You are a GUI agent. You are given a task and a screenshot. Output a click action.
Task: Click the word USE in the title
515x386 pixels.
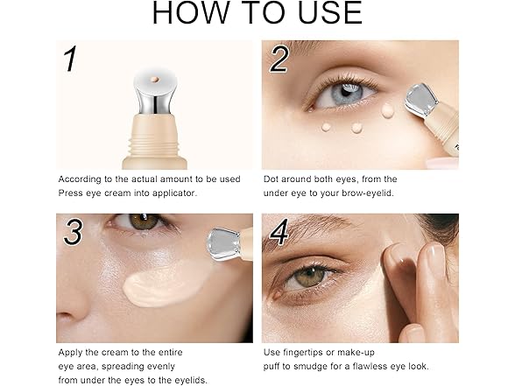point(329,13)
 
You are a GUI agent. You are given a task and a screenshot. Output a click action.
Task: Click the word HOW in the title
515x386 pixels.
point(191,13)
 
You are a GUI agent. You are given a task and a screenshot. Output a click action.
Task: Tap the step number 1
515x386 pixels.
point(70,59)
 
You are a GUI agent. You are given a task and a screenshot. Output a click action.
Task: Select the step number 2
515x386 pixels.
point(279,60)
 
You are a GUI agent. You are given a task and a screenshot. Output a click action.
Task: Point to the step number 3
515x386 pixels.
point(74,232)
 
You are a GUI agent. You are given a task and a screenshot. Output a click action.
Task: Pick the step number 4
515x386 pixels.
point(279,232)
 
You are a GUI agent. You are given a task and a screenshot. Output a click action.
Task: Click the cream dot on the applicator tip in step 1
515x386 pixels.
point(155,80)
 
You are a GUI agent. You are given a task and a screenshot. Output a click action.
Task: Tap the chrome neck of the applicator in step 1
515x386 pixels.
point(155,98)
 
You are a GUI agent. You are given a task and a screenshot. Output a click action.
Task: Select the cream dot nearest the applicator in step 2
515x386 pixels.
point(387,110)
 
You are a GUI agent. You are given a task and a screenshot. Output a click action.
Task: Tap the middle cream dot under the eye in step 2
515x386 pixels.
point(356,128)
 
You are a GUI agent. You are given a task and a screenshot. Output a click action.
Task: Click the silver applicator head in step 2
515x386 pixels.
point(421,100)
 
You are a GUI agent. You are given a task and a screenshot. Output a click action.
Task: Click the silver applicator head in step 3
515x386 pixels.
point(224,244)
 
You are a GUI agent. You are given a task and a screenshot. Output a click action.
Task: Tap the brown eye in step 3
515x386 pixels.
point(144,221)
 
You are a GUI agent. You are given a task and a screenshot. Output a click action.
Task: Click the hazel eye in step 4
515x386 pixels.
point(308,277)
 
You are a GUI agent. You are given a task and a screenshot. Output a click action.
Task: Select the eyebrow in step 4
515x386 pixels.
point(307,228)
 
